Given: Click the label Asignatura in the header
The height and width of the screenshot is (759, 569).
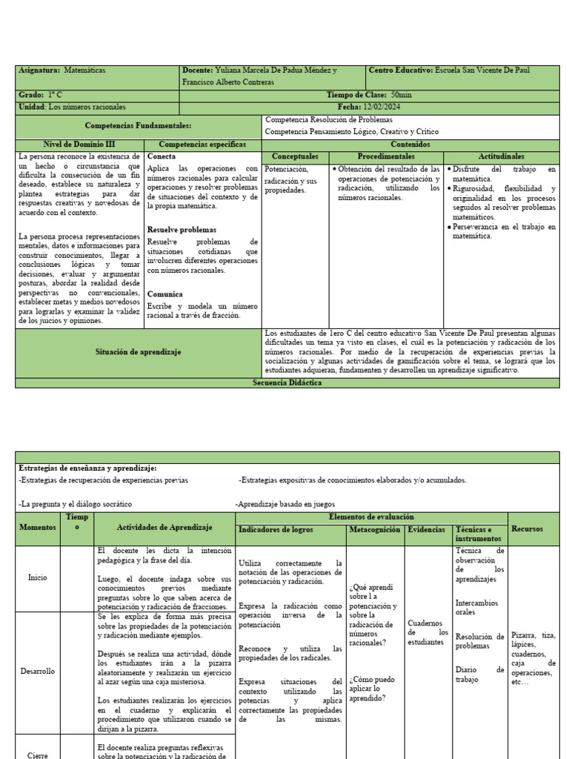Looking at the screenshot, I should click(39, 70).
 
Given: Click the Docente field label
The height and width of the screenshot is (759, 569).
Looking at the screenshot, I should click(197, 70).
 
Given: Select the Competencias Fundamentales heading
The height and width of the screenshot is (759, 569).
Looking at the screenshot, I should click(139, 126).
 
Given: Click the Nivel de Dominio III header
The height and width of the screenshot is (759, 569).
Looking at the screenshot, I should click(80, 145).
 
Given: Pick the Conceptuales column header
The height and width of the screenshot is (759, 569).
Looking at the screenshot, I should click(295, 157).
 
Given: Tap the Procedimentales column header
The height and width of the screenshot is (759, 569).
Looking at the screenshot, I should click(386, 157).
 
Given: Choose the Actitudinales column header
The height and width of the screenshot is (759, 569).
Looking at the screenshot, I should click(501, 157).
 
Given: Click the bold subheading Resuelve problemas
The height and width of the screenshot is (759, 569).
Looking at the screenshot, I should click(182, 230).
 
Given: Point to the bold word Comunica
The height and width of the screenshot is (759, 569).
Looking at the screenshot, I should click(165, 294).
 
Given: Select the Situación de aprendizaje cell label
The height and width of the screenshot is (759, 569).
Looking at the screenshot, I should click(139, 352).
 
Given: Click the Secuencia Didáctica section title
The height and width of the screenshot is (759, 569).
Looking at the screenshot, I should click(287, 382).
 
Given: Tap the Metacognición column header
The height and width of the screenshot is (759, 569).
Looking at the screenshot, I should click(375, 530).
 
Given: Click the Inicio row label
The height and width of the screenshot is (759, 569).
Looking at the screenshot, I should click(38, 577).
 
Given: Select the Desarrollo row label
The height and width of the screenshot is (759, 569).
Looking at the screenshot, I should click(38, 671).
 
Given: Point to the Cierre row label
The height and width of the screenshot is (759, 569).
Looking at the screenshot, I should click(38, 755).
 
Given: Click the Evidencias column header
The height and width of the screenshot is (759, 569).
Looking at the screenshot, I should click(427, 530).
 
